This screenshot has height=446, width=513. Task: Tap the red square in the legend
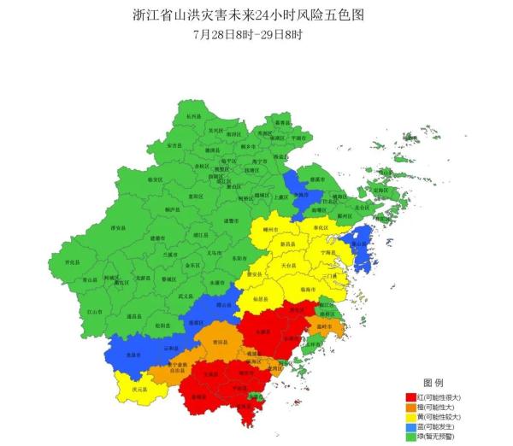(x=410, y=397)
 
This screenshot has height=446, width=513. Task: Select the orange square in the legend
(x=410, y=408)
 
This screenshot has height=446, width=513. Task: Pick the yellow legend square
(x=410, y=418)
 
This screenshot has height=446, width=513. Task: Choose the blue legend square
(x=410, y=428)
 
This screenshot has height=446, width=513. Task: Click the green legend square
(x=410, y=438)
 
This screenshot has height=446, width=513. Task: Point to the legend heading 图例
(x=433, y=381)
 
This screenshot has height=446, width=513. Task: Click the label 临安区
(x=155, y=179)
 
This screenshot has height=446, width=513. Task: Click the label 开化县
(x=72, y=262)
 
